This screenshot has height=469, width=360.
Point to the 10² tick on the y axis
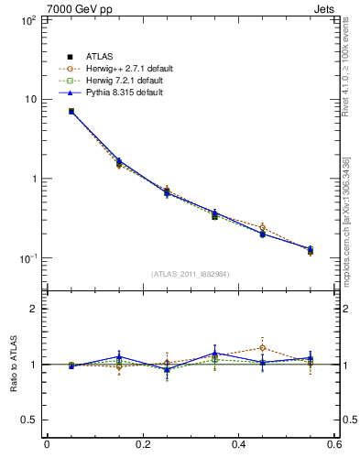point(27,19)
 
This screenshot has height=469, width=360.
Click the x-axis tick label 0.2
point(142,446)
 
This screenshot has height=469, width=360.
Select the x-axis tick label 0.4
point(238,446)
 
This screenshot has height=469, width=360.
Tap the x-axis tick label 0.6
point(333,446)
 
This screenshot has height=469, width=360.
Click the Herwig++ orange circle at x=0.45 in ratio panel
point(262,348)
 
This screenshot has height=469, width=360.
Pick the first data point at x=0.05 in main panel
point(71,111)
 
